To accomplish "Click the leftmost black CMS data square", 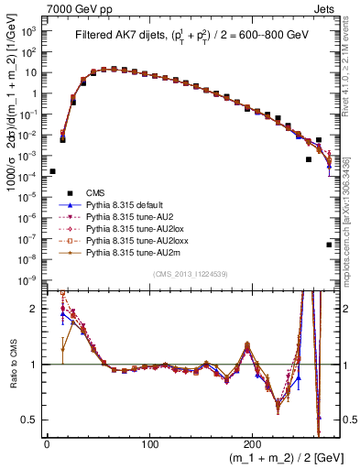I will [52, 171].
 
